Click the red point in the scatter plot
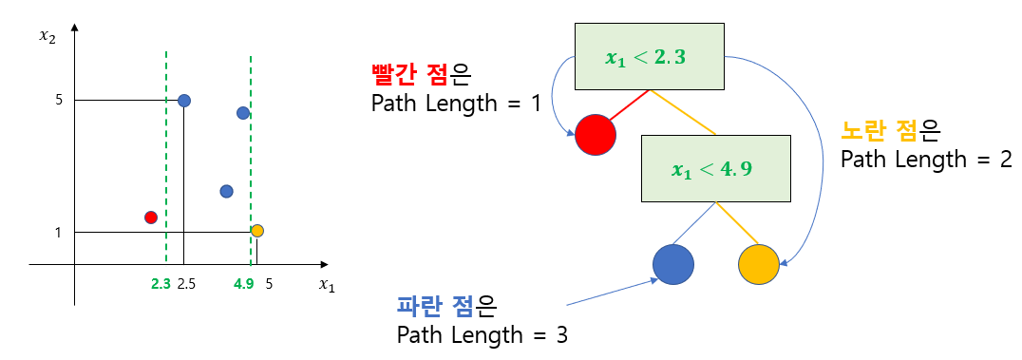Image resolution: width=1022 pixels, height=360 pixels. coord(151,218)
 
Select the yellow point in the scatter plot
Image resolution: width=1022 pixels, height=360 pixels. coord(257,230)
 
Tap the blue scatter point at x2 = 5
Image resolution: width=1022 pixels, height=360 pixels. coord(184,101)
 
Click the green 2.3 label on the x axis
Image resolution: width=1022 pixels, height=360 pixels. coord(161,284)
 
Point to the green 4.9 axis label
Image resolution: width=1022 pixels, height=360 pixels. coord(243,284)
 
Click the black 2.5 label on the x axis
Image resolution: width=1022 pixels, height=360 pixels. coord(186,284)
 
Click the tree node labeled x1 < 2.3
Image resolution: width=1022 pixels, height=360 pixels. coord(649,56)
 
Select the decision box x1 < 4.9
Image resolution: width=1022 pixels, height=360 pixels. coord(715,168)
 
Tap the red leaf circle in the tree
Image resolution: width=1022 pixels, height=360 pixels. coord(596,135)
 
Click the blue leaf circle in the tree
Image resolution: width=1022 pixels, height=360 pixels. coord(673,265)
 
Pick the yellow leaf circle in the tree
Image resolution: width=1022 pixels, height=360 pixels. coord(759,265)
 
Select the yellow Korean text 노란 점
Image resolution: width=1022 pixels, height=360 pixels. coord(879,133)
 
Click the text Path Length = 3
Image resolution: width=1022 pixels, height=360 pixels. coord(483,335)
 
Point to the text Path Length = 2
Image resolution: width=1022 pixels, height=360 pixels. coord(926,160)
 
